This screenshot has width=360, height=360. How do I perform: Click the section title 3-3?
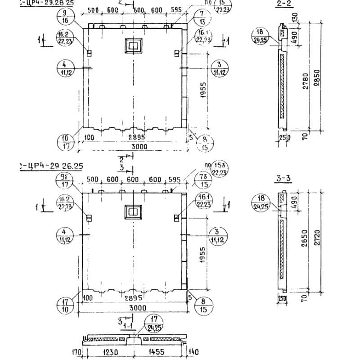click(x=283, y=179)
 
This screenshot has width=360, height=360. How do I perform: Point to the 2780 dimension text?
click(x=306, y=81)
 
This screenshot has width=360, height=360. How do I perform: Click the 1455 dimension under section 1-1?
click(x=155, y=352)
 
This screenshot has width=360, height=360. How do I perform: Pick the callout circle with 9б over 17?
click(x=64, y=180)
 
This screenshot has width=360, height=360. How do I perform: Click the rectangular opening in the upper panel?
click(x=133, y=45)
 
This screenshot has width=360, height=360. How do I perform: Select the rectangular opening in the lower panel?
click(x=133, y=211)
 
